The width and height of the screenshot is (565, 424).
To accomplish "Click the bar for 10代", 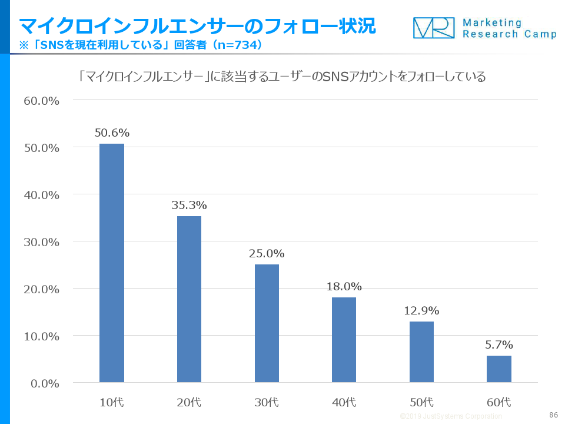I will coord(112,263).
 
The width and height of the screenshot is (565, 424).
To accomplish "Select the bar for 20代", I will coord(189,299).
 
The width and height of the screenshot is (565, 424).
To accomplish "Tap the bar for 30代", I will coord(267,323).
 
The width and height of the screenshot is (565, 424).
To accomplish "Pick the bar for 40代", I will coord(344,340).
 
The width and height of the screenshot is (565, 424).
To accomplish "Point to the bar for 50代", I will coord(421,352).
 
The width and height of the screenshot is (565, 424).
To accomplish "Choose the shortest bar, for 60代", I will coord(499,369).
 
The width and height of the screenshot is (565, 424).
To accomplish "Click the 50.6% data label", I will coord(112,132).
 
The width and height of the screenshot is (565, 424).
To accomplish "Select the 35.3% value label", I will coord(189,205).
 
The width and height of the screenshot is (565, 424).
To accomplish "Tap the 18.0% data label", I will coord(344,287).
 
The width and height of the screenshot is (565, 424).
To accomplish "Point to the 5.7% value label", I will coord(499,344).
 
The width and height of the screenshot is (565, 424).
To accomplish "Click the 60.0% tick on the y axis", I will coord(41,101).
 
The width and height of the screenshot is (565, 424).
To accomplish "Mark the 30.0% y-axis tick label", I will coord(41,242).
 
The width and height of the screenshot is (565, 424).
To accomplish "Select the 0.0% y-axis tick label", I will coord(44,383).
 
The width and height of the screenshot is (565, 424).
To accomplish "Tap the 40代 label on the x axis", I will coord(344,403).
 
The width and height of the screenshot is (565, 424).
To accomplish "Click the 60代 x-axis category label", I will coord(499,403).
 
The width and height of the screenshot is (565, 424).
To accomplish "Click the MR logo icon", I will coord(434,28).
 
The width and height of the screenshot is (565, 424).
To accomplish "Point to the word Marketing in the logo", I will coord(492,23).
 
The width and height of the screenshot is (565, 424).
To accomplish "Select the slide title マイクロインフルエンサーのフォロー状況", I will coord(197,26).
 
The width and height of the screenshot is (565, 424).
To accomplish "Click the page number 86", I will coord(553,415).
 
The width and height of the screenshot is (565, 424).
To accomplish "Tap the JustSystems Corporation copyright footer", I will coord(451,416).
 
